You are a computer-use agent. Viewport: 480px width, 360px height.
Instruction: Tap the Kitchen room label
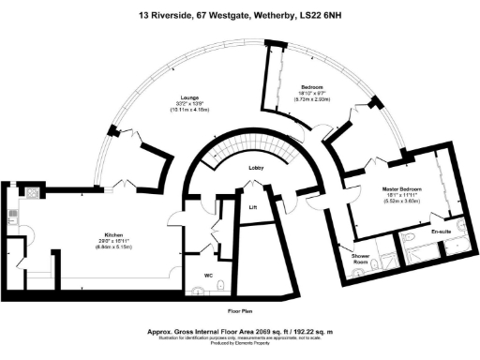[x=116, y=234]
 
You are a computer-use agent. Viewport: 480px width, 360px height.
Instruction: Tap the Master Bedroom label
[x=403, y=189]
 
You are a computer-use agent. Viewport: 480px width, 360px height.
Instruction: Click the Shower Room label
[x=361, y=258]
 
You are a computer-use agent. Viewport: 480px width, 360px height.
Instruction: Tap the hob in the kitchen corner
[x=31, y=193]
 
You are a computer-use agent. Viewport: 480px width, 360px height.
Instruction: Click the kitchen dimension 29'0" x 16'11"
[x=116, y=242]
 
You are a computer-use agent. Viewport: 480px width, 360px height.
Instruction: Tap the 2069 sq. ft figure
[x=254, y=331]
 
